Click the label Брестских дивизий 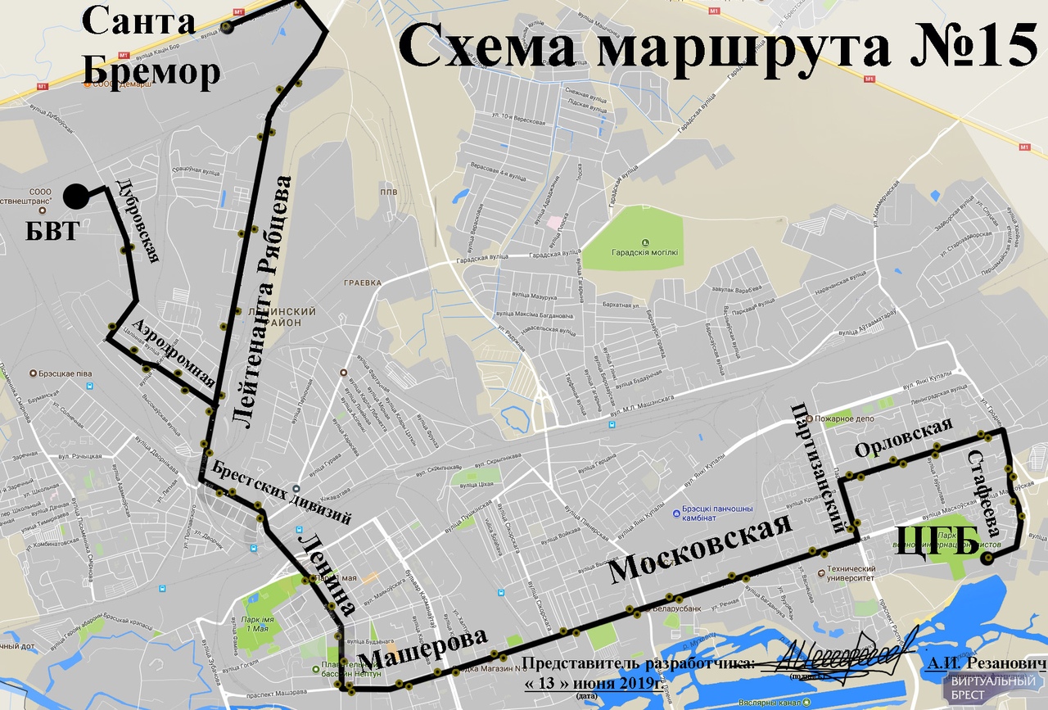pyautogui.click(x=281, y=493)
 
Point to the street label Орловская pyautogui.click(x=904, y=438)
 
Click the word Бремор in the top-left pyautogui.click(x=152, y=71)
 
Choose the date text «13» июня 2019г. pyautogui.click(x=590, y=683)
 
